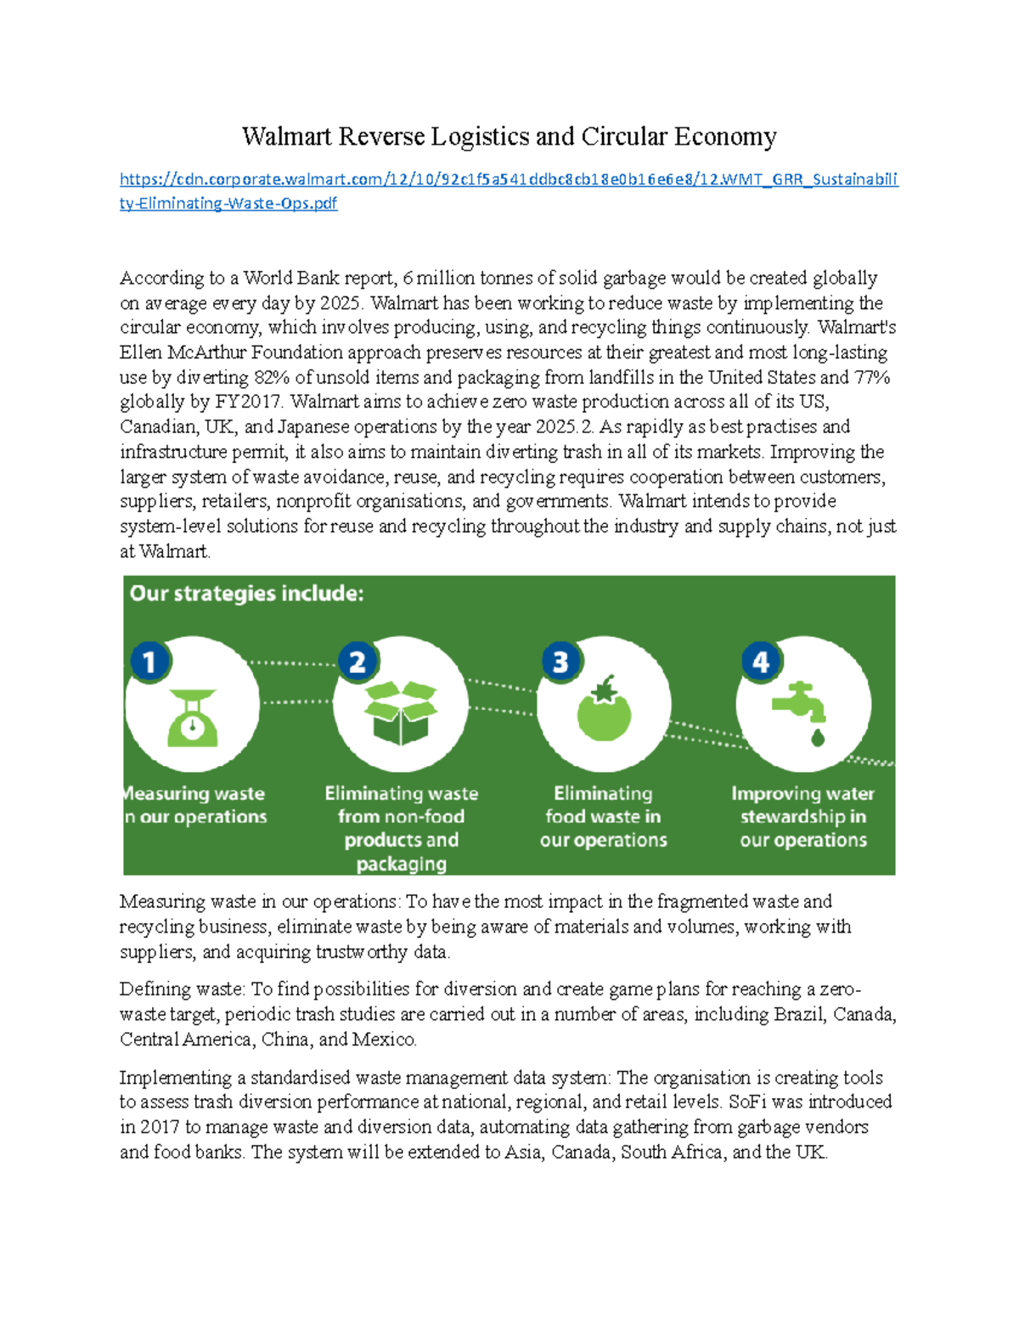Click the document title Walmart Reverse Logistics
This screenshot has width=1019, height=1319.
pos(509,137)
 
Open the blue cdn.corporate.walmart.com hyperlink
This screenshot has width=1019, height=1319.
pos(508,179)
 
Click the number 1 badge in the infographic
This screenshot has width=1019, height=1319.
pos(149,662)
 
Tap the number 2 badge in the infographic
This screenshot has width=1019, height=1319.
pos(357,662)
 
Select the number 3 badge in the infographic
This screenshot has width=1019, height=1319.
pos(560,662)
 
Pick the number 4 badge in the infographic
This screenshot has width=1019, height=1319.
pos(761,662)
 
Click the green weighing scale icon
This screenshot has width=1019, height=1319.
pos(192,718)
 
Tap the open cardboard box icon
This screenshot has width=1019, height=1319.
pos(400,713)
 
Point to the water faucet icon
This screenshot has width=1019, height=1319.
pos(798,702)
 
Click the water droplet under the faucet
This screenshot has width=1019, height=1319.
pos(818,736)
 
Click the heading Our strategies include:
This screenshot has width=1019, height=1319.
pos(246,594)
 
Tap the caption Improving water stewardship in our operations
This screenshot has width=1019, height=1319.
pos(802,816)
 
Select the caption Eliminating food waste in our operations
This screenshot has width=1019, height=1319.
pos(603,816)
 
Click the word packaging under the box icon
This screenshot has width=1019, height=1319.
pos(401,864)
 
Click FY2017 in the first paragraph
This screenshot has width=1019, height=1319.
pos(250,402)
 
